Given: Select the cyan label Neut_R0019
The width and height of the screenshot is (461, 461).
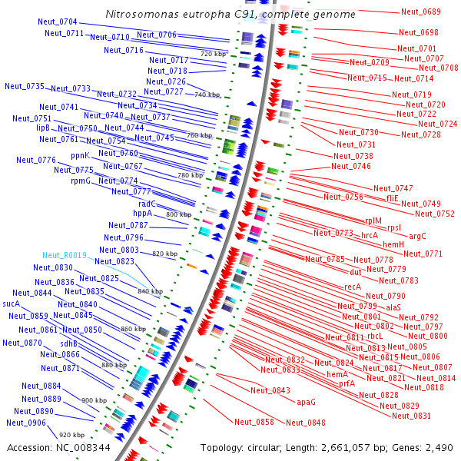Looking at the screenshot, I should point(65,255).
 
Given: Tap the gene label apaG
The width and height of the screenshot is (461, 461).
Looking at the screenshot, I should point(307,402).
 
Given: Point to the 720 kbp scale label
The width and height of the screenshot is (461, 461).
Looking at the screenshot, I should point(213,55).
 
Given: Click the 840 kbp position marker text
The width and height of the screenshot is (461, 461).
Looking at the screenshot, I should point(151,292).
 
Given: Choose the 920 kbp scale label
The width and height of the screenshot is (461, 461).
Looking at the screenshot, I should point(71,435).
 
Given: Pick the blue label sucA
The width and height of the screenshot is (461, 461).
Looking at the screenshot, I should point(12,303).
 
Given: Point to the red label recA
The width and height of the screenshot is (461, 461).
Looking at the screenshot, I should point(353,287).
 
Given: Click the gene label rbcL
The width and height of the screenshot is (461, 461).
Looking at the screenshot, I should point(375,336).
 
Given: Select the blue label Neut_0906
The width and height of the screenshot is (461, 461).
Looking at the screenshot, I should point(26,423).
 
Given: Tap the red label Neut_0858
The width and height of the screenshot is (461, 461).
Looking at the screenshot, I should point(254,422).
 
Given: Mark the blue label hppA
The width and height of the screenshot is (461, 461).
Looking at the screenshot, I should point(143,214).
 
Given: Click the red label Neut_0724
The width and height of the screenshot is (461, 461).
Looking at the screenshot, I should point(438,124).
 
